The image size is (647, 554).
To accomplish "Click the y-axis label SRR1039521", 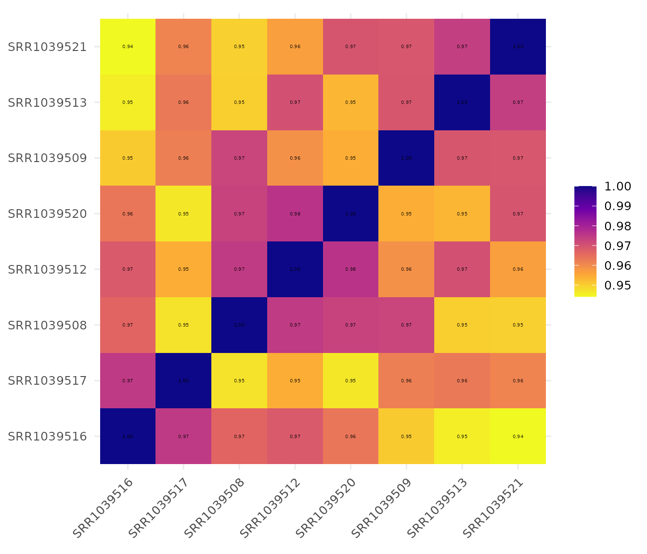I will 47,47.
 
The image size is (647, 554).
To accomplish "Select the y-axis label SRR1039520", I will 47,214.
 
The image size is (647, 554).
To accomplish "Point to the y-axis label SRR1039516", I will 47,437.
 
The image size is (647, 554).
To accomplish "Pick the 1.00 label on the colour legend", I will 618,187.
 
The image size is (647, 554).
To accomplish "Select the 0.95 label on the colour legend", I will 618,286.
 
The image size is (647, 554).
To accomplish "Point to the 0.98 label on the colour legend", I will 618,226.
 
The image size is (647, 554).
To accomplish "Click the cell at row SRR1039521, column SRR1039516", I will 128,47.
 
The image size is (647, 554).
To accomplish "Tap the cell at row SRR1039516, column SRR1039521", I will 518,436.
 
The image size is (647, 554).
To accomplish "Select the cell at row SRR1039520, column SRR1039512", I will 295,214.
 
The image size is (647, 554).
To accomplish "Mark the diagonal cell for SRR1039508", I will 239,325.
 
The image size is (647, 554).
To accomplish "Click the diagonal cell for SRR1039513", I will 462,102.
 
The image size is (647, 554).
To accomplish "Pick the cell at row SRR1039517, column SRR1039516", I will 128,380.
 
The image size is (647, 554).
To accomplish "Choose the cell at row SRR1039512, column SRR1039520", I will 350,269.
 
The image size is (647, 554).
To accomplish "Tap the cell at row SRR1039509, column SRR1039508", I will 239,158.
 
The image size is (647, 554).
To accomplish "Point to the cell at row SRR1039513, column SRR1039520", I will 350,102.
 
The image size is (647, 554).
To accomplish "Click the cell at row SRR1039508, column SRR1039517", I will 183,325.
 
